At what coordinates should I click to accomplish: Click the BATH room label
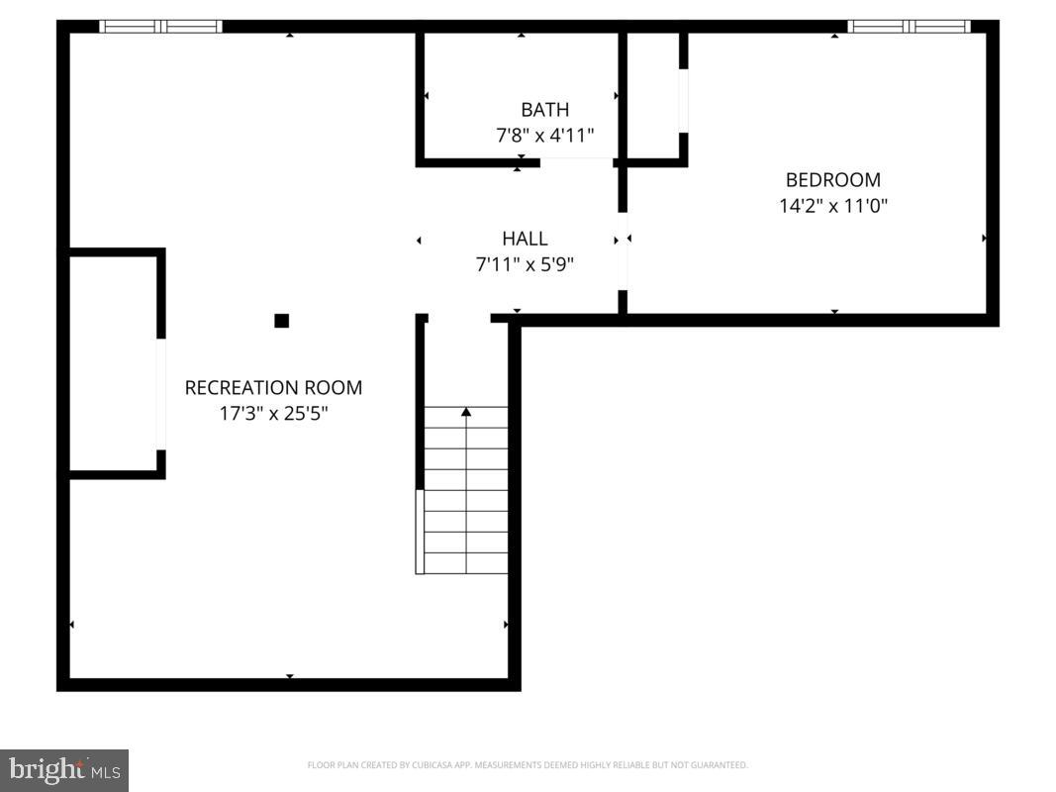(544, 110)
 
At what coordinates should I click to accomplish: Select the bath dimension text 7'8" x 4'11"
(544, 136)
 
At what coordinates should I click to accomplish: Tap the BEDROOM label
(832, 180)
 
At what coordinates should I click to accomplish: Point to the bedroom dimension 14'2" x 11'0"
(832, 206)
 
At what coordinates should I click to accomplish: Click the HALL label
(525, 239)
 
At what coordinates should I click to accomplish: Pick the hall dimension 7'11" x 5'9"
(525, 264)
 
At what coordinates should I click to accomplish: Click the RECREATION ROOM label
(273, 388)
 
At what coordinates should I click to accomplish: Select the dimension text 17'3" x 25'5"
(273, 414)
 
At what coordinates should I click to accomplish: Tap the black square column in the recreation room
(281, 321)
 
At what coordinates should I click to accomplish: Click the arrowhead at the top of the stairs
(466, 411)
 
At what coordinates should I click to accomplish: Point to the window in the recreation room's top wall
(161, 27)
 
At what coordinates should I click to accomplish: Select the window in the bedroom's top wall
(909, 27)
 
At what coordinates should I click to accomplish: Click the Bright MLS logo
(64, 769)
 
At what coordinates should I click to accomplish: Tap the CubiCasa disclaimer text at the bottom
(528, 765)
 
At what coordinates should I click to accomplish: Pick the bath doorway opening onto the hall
(576, 161)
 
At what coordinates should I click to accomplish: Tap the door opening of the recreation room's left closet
(161, 394)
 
